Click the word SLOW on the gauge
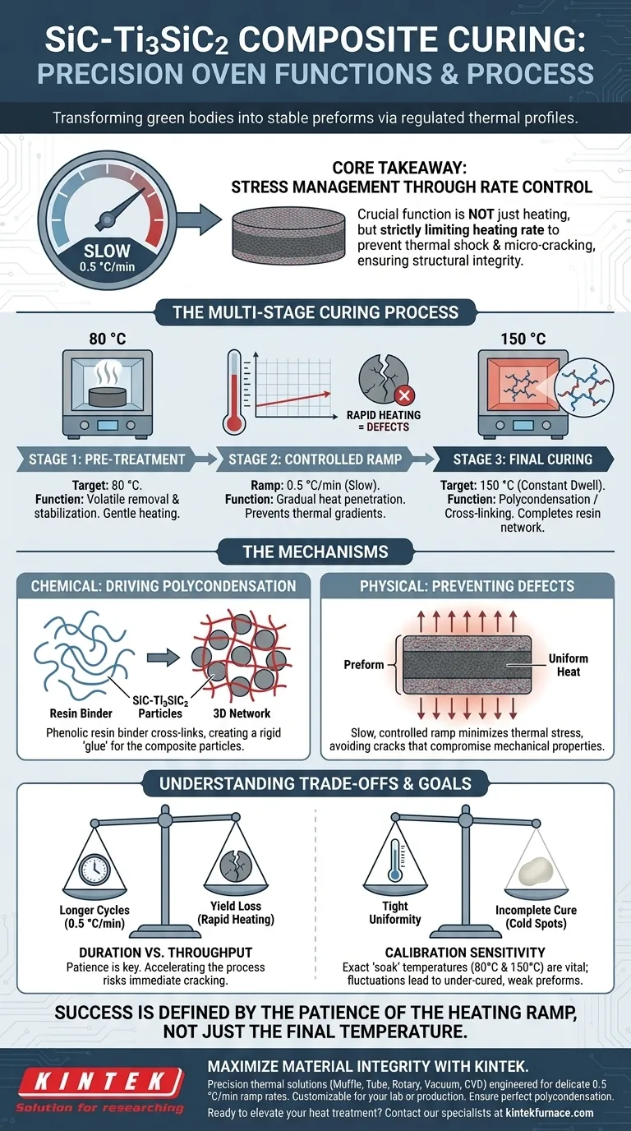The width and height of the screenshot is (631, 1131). click(108, 250)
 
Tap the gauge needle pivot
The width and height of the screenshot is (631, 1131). click(106, 220)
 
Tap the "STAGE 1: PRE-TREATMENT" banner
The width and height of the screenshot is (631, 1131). click(107, 459)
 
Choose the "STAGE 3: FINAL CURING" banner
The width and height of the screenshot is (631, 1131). click(523, 459)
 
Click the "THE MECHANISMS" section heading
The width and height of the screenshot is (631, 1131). click(315, 552)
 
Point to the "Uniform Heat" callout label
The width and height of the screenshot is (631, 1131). click(569, 665)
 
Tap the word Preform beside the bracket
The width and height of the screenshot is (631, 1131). click(363, 665)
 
